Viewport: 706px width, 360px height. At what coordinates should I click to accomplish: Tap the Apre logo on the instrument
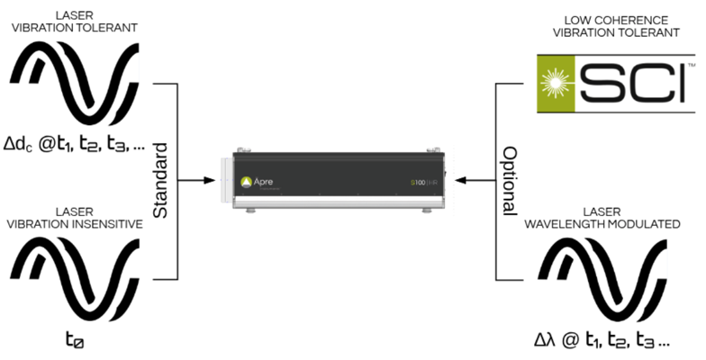[257, 181]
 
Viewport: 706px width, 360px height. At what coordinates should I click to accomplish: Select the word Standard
[162, 180]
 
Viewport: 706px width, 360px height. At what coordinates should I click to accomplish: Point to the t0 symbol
[74, 340]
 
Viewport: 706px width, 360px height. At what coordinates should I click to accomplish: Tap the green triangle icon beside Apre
[245, 182]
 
